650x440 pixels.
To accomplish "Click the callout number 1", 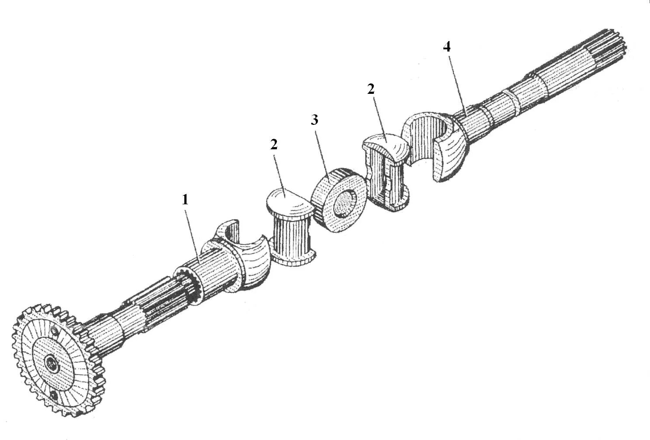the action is [185, 200].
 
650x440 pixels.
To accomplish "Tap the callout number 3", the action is [315, 120].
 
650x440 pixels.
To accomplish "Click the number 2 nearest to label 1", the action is [274, 145].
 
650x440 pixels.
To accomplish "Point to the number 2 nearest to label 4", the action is [371, 89].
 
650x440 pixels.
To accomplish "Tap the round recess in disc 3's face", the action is [346, 203].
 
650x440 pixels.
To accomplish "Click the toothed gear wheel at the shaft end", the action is [52, 362].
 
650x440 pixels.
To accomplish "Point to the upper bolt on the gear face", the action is [54, 330].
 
